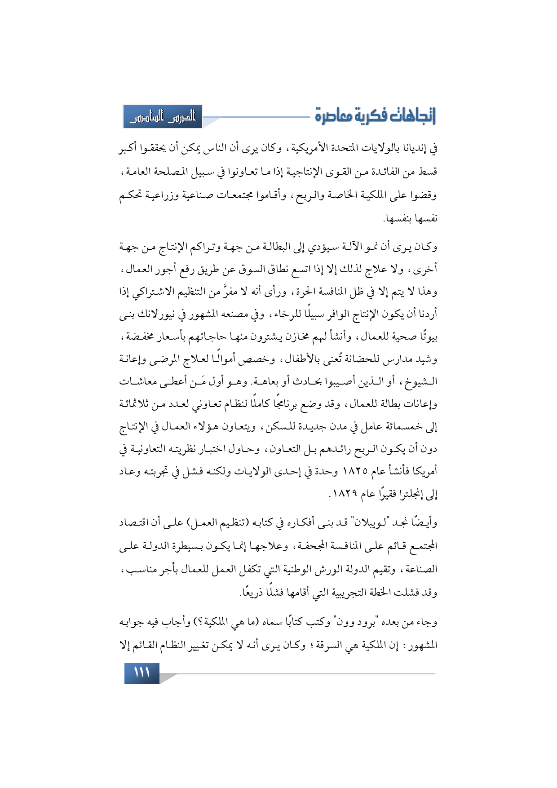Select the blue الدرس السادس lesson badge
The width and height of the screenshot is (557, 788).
coord(163,117)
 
